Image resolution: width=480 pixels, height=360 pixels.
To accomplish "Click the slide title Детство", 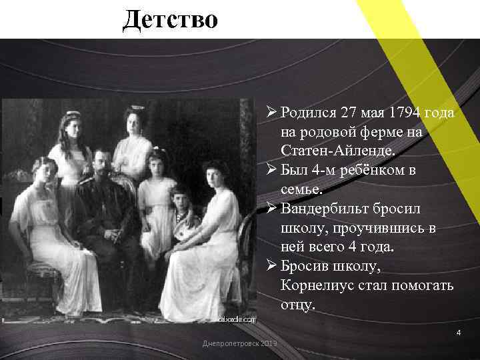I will [x=170, y=19].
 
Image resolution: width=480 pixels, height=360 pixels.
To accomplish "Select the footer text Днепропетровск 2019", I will [x=240, y=343].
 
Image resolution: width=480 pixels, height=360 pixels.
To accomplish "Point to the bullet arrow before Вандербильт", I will [x=271, y=208].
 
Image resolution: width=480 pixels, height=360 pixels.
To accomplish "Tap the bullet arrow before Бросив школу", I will [x=271, y=266].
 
